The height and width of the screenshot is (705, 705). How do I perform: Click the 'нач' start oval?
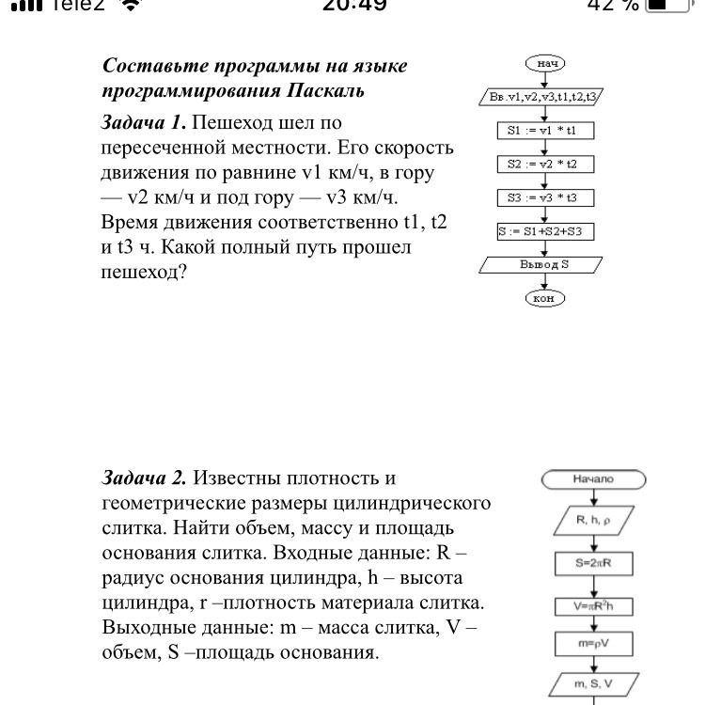[x=545, y=63]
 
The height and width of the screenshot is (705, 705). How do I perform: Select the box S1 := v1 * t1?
[x=545, y=132]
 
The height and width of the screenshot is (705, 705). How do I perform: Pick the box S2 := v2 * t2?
[x=545, y=164]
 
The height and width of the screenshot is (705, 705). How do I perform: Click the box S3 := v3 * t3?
[x=545, y=198]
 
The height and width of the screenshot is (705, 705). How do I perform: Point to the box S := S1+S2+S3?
[x=546, y=231]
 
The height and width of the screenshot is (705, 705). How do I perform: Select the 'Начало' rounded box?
[x=593, y=479]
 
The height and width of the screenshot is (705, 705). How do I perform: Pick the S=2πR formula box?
[x=593, y=563]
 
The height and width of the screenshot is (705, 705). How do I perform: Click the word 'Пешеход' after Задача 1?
[x=231, y=123]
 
